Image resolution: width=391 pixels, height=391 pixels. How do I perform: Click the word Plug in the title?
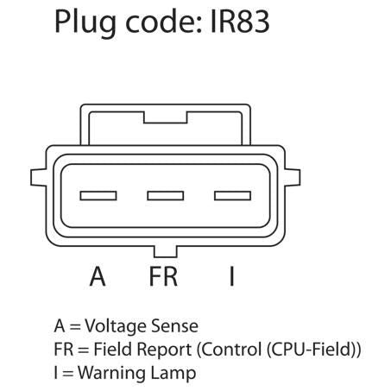[85, 23]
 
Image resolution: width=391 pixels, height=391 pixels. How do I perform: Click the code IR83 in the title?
[240, 22]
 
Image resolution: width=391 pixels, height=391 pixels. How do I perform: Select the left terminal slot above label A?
[98, 196]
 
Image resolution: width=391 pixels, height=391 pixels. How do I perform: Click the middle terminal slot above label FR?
[166, 196]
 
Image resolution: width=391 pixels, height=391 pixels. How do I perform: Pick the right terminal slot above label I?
[232, 196]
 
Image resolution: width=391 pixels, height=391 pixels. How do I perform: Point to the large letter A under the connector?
[98, 276]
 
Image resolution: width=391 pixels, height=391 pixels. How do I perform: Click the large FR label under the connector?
[163, 276]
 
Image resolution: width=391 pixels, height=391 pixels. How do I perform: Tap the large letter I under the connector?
[232, 276]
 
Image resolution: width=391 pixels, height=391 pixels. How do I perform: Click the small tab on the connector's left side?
[38, 178]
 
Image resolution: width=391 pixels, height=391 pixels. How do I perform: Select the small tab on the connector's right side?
[293, 178]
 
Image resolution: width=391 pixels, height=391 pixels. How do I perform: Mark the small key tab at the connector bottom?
[166, 252]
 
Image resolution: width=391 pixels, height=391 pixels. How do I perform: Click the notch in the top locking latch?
[166, 117]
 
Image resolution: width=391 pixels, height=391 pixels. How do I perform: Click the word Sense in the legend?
[174, 326]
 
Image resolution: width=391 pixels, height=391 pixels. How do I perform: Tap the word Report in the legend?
[164, 350]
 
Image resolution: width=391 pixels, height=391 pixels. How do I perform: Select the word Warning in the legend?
[112, 373]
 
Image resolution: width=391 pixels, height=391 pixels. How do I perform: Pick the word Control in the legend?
[231, 349]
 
